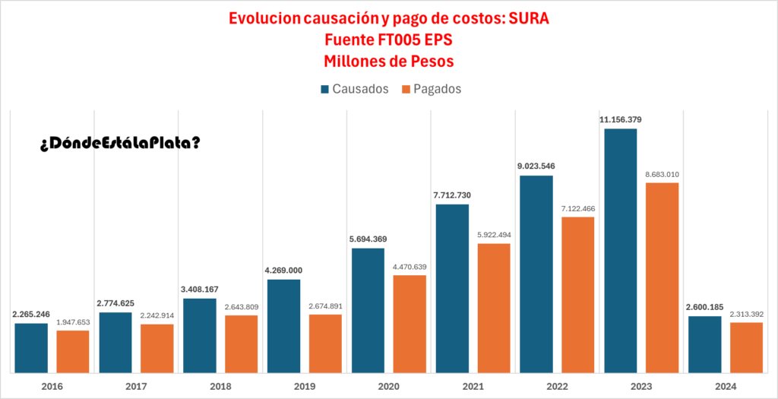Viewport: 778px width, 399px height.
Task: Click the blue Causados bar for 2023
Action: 620,251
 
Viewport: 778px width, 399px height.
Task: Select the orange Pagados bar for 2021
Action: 494,308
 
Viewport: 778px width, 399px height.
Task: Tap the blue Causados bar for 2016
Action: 31,347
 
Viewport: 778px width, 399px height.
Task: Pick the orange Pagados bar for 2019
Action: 325,343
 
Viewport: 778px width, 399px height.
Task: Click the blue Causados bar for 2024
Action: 704,344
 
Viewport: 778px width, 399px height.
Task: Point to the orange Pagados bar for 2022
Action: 577,295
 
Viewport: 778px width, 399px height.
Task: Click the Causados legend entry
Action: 355,89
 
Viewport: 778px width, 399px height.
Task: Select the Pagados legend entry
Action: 431,89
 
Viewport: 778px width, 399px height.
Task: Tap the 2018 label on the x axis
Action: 220,386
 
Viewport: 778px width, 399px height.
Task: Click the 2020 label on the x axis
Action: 388,386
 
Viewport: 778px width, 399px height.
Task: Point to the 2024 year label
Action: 726,386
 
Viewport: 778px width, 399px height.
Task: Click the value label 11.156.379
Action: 620,120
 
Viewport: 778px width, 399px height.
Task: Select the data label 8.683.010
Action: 662,174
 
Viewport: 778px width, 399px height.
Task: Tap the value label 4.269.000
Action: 284,271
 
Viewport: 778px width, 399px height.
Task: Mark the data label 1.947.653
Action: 73,322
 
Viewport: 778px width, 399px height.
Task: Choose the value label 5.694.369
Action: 368,239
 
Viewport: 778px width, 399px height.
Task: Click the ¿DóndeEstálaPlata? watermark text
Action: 119,143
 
